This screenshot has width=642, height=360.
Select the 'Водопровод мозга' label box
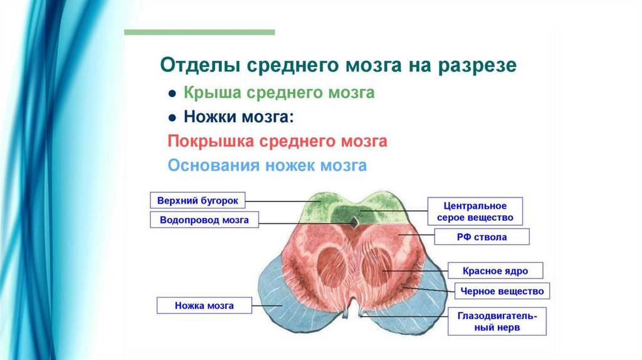[204, 220]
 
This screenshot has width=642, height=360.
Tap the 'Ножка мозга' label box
[204, 306]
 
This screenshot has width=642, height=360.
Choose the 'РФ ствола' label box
[482, 237]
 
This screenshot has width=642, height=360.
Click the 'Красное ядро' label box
[495, 271]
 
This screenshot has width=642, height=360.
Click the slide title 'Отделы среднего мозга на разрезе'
[339, 66]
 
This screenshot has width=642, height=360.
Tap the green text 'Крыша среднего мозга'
[279, 93]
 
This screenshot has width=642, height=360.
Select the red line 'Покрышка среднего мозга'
[277, 142]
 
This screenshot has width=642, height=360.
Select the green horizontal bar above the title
[199, 31]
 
